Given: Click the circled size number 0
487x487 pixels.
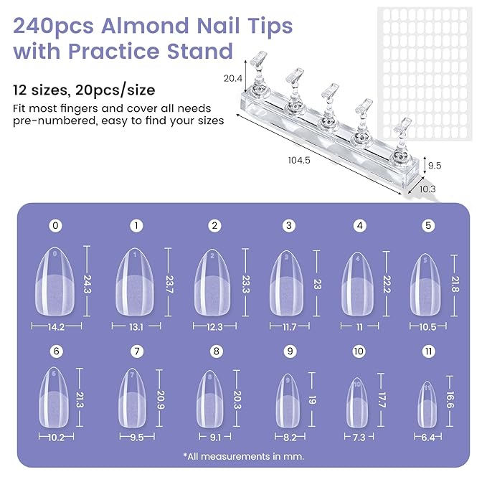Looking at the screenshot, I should (56, 226).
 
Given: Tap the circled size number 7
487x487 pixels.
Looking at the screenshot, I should (136, 351).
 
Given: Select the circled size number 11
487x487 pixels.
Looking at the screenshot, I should (429, 351).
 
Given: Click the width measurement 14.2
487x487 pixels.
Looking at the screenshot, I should (56, 326).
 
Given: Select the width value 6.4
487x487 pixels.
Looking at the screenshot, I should (428, 437).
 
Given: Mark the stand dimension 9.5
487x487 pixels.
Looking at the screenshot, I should (434, 165).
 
